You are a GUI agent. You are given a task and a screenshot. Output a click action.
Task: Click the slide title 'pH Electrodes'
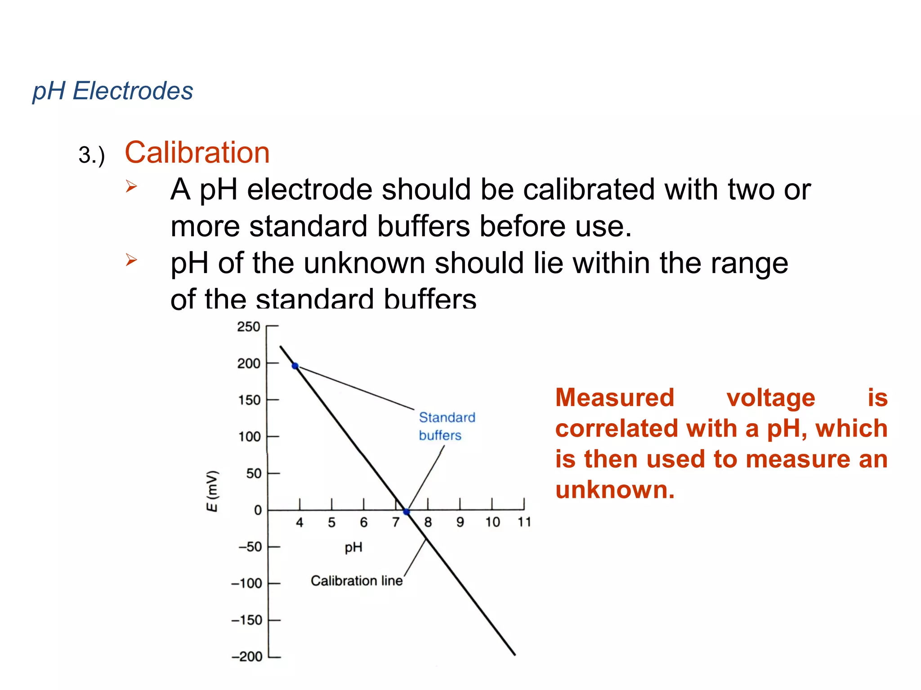tap(112, 91)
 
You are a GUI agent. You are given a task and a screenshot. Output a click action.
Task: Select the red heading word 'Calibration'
tap(197, 153)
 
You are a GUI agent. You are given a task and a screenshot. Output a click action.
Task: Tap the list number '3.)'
tap(91, 155)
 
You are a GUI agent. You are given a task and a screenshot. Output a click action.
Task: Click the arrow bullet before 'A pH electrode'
tap(131, 186)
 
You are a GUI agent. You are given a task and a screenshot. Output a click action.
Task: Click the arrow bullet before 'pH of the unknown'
tap(131, 259)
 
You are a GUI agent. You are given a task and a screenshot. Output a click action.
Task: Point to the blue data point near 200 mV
tap(295, 366)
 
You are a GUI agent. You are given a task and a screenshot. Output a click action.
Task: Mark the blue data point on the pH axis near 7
tap(407, 512)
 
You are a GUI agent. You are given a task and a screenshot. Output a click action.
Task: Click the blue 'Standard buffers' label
tap(447, 426)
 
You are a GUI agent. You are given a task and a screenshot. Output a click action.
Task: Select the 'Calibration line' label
tap(357, 581)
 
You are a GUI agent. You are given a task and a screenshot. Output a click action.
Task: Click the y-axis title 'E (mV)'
tap(212, 491)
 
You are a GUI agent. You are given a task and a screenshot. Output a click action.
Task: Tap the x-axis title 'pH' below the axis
tap(353, 547)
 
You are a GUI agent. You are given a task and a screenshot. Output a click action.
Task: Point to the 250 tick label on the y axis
tap(249, 327)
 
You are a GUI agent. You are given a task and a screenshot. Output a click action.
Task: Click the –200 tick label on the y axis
tap(246, 657)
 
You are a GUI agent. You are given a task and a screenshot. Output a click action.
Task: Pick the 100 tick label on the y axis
tap(250, 437)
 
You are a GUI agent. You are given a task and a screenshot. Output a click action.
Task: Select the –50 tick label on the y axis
tap(250, 547)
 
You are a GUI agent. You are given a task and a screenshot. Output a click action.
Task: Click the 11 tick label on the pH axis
tap(524, 522)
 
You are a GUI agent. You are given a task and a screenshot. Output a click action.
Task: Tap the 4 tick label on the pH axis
tap(300, 522)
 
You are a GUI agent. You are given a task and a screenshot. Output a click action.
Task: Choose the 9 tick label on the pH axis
tap(460, 522)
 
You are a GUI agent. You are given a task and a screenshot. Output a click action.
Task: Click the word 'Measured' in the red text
tap(615, 398)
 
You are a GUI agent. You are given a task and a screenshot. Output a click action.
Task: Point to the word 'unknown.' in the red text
tap(615, 490)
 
